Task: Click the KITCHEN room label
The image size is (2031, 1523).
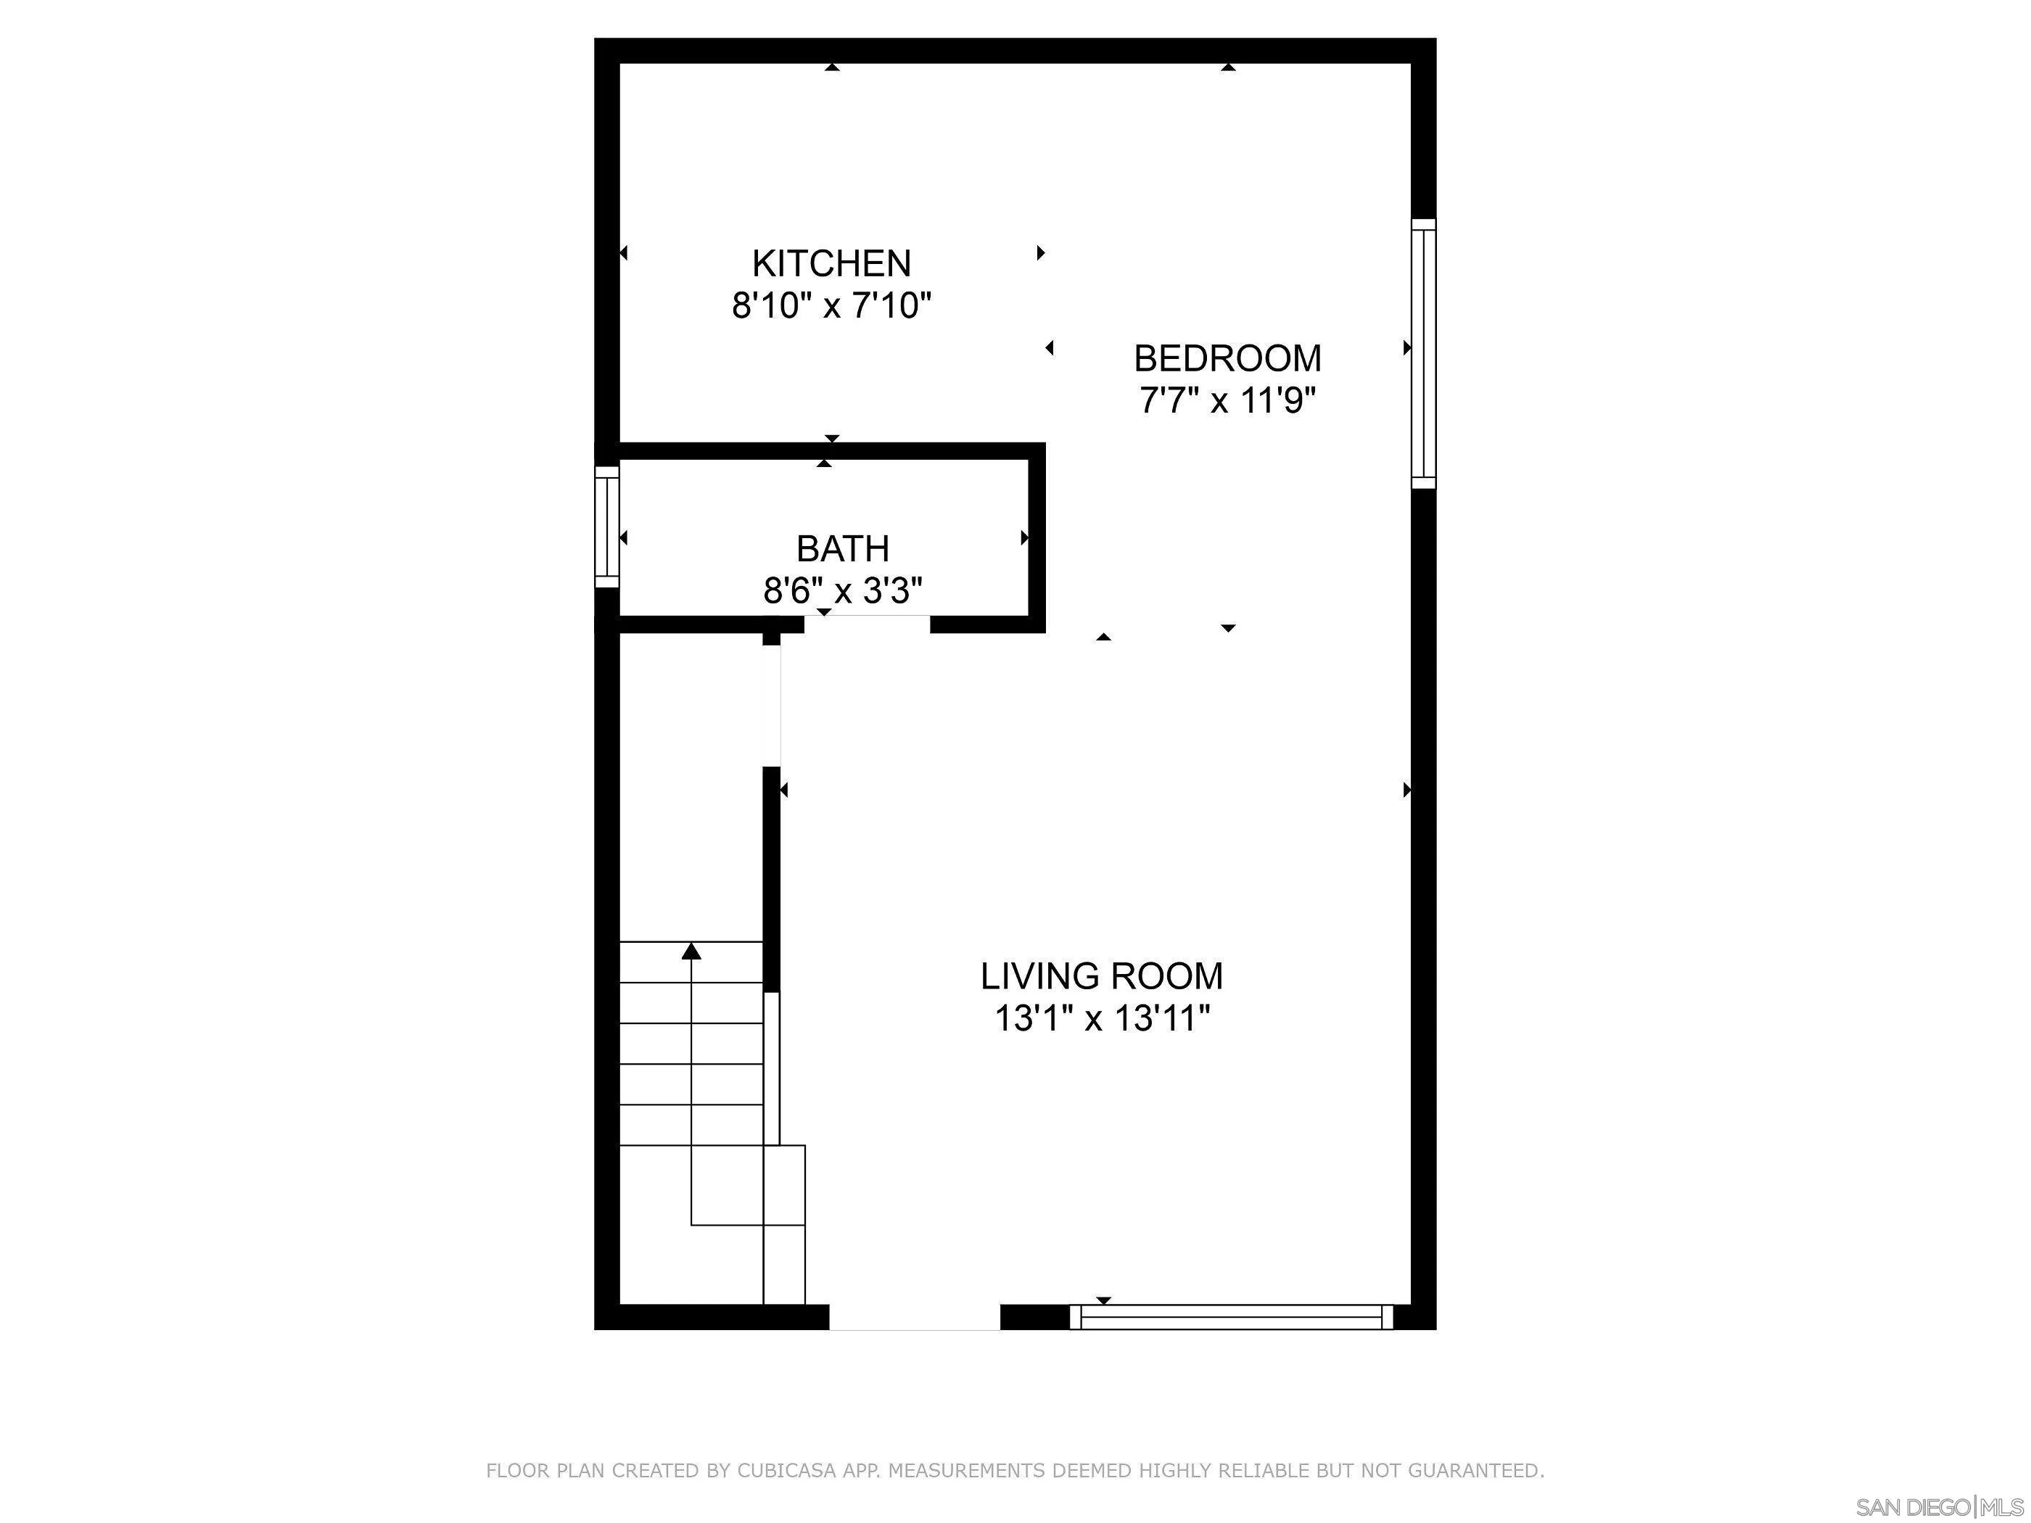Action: coord(831,263)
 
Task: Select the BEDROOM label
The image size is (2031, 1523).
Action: coord(1227,358)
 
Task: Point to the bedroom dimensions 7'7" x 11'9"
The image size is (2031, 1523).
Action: coord(1227,400)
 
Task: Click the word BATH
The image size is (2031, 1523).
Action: coord(842,549)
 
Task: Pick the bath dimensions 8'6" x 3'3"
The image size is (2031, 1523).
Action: coord(842,590)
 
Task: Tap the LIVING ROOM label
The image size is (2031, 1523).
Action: coord(1102,976)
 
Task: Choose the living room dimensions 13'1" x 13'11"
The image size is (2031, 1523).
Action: coord(1102,1018)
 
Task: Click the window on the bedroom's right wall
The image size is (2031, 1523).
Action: coord(1423,353)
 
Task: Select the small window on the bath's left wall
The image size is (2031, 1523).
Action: coord(607,527)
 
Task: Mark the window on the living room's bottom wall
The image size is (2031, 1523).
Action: coord(1231,1317)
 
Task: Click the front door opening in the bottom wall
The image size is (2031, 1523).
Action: coord(915,1317)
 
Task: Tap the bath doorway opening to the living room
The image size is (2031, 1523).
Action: coord(868,624)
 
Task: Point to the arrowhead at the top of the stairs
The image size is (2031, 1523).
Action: coord(691,951)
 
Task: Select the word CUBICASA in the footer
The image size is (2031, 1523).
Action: coord(786,1470)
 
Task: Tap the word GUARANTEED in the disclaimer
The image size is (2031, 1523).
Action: coord(1475,1470)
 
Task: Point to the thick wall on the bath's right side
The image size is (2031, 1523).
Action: coord(1037,537)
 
